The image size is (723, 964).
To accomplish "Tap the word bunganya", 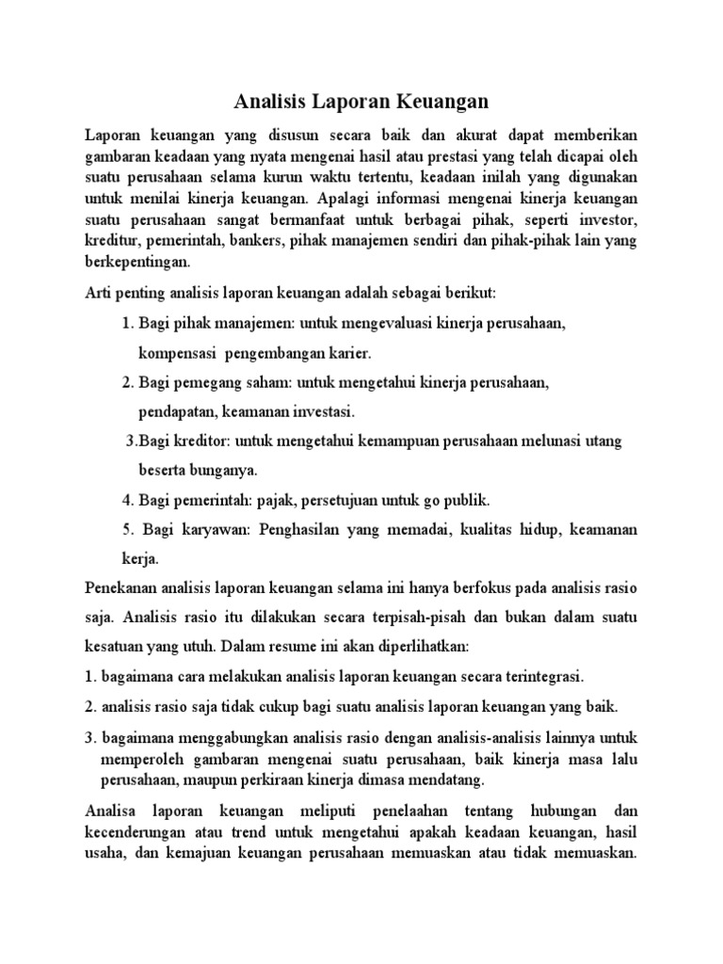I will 225,469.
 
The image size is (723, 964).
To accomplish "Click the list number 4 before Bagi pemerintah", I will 127,499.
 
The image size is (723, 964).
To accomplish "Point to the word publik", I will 466,499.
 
